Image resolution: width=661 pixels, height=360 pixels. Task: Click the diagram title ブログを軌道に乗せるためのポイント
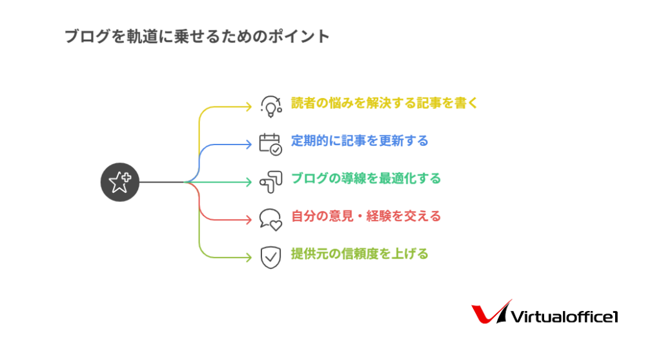(x=197, y=37)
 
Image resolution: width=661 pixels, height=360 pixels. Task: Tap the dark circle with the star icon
(x=119, y=182)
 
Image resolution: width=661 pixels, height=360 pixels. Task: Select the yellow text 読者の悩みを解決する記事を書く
(x=384, y=103)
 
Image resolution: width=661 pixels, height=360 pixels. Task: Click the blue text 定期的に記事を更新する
(x=360, y=141)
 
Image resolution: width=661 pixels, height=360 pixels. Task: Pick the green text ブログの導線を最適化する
(x=366, y=178)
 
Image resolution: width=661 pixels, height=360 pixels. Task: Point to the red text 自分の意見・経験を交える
(x=366, y=216)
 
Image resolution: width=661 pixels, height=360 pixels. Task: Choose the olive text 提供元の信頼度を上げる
(x=360, y=254)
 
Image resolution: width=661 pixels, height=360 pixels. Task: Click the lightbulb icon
(x=270, y=106)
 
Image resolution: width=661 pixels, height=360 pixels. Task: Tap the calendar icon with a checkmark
(x=270, y=145)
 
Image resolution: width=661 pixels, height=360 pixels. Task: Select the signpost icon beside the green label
(x=270, y=182)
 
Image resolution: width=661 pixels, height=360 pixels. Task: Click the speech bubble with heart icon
(x=270, y=219)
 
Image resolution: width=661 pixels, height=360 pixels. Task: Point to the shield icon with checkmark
(x=270, y=257)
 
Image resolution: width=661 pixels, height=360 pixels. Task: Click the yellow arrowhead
(x=249, y=107)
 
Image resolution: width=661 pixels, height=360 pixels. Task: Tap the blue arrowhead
(x=249, y=145)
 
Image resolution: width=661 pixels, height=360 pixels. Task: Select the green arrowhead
(x=249, y=182)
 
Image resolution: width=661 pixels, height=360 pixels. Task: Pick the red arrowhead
(x=249, y=219)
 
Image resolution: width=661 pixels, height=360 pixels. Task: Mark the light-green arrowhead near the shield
(x=249, y=257)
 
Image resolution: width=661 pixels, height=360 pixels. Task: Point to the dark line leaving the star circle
(x=163, y=182)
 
